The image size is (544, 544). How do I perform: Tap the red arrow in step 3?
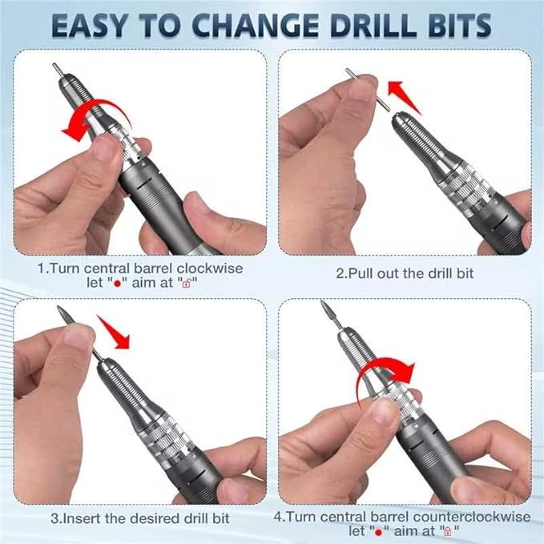[115, 331]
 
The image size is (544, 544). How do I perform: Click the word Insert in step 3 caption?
[86, 518]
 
